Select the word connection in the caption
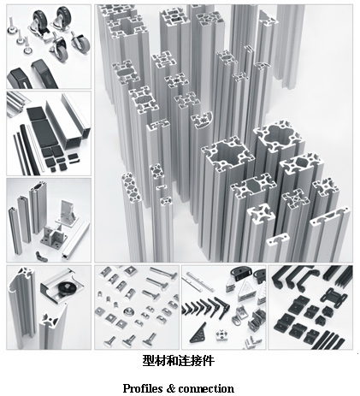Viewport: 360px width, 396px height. coord(207,388)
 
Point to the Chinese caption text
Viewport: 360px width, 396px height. coord(179,361)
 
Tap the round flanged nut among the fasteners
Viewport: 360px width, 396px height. coord(129,312)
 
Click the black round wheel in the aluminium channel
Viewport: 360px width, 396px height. coord(68,287)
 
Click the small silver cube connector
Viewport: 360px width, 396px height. coord(221,334)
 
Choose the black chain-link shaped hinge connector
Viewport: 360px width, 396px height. coord(333,297)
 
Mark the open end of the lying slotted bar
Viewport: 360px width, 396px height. coord(66,255)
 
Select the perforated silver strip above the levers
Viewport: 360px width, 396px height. coord(199,281)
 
